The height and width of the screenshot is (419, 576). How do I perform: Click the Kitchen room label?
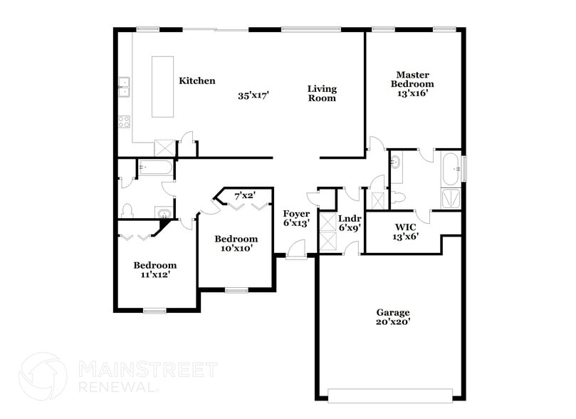point(197,81)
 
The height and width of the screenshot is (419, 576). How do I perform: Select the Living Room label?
point(322,93)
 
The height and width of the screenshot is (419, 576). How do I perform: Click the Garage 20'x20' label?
point(393,316)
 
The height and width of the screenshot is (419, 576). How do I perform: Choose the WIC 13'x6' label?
point(406,232)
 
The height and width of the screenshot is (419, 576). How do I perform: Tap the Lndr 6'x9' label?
point(350,223)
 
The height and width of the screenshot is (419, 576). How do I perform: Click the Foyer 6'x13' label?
point(296,218)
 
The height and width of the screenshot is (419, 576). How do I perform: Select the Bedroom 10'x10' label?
point(236,243)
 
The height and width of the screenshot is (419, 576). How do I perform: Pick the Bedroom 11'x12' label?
point(155,269)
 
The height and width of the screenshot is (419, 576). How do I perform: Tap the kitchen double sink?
point(124,86)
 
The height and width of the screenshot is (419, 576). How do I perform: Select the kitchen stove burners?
point(124,120)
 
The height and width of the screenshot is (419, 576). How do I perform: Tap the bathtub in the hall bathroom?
point(155,168)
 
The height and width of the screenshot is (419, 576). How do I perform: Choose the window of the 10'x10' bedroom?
point(236,290)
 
